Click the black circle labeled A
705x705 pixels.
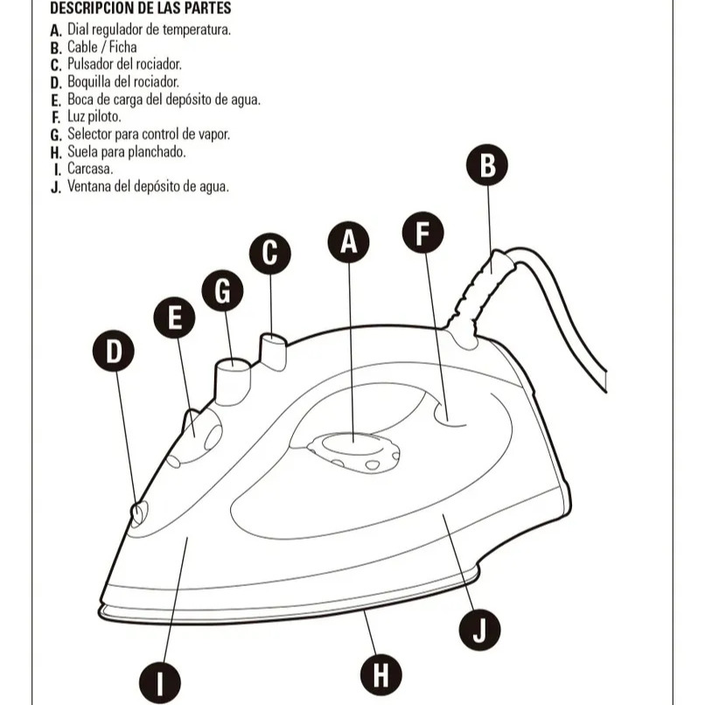click(348, 242)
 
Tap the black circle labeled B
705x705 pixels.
click(487, 164)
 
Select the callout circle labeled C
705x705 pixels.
click(269, 253)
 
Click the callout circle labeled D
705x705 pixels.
click(114, 352)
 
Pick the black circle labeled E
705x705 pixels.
click(174, 319)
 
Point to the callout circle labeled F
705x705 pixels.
click(422, 233)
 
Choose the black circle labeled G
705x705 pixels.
click(222, 291)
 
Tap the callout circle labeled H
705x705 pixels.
click(381, 674)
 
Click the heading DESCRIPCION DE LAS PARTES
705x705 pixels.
click(140, 8)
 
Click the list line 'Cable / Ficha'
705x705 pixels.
click(101, 47)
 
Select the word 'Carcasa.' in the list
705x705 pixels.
click(90, 169)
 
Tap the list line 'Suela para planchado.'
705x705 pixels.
click(126, 151)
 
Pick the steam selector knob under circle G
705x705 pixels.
click(233, 377)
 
